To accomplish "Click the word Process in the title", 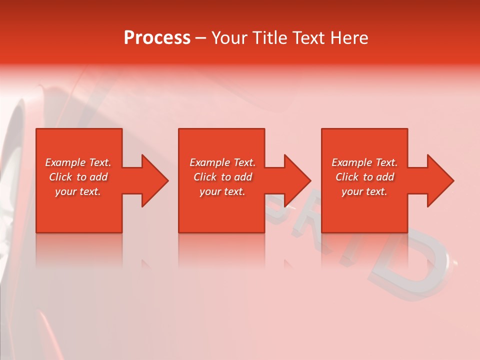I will coord(157,38).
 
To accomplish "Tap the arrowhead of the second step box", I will coord(296,180).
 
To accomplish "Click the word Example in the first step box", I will coord(65,162).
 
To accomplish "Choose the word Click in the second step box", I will coord(205,177).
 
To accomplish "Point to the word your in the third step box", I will coord(352,191).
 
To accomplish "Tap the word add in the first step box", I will coord(98,177).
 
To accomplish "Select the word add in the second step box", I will coord(243,177).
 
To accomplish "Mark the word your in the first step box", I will coord(65,191).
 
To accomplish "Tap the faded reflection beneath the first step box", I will coord(79,250).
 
